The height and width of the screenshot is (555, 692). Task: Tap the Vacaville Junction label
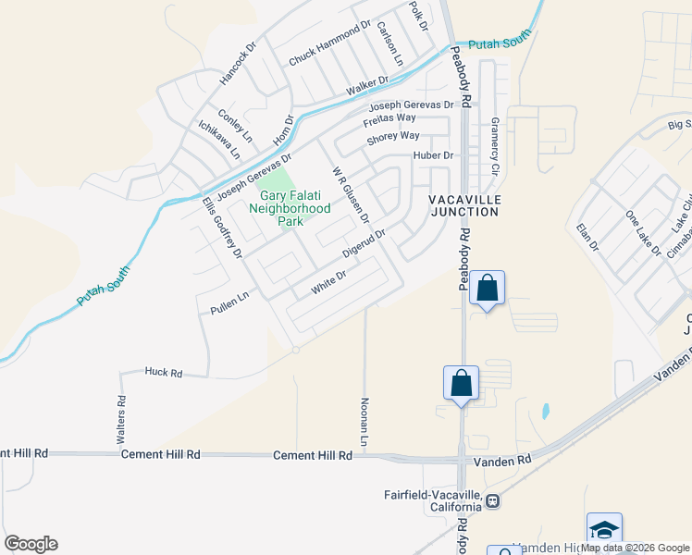(x=463, y=205)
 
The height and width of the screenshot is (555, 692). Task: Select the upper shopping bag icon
(x=488, y=289)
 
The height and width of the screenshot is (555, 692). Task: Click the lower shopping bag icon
(x=462, y=383)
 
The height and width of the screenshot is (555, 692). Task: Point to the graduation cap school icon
(x=604, y=530)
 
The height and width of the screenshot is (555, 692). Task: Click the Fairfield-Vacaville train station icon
(x=493, y=501)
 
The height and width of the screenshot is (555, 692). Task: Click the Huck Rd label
(x=164, y=372)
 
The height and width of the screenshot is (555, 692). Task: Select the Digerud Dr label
(x=363, y=244)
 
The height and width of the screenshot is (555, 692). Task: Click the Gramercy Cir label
(x=494, y=147)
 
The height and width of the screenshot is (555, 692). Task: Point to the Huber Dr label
(x=434, y=155)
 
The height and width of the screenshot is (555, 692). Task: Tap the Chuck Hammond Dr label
(x=329, y=44)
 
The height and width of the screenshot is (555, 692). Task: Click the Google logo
(x=31, y=544)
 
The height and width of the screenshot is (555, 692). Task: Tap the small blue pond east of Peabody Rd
(x=545, y=409)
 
